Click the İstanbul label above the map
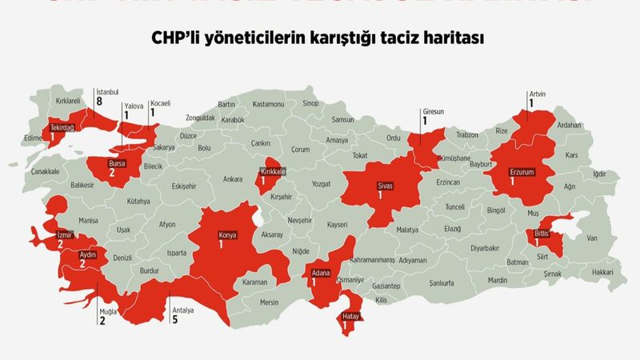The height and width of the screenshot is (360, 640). pyautogui.click(x=108, y=91)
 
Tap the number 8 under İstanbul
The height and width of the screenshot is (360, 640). pyautogui.click(x=99, y=102)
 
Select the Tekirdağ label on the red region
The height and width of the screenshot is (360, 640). pyautogui.click(x=62, y=128)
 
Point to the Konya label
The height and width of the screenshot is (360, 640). pyautogui.click(x=229, y=235)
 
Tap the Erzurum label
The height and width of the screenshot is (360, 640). pyautogui.click(x=520, y=170)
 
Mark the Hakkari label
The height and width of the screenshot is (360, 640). pyautogui.click(x=603, y=273)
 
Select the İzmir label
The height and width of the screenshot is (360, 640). pyautogui.click(x=66, y=234)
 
